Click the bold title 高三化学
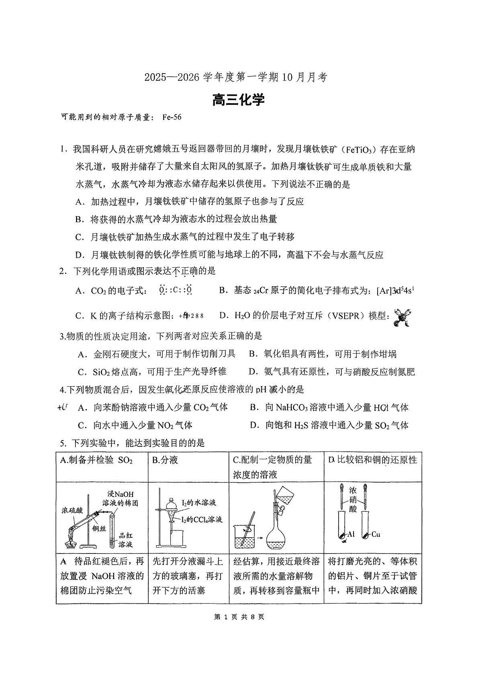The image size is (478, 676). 239,100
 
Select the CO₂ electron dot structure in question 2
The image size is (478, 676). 176,290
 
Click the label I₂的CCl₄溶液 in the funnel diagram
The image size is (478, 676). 202,520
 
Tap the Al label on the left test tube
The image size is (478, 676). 351,534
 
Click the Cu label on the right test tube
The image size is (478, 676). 376,534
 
